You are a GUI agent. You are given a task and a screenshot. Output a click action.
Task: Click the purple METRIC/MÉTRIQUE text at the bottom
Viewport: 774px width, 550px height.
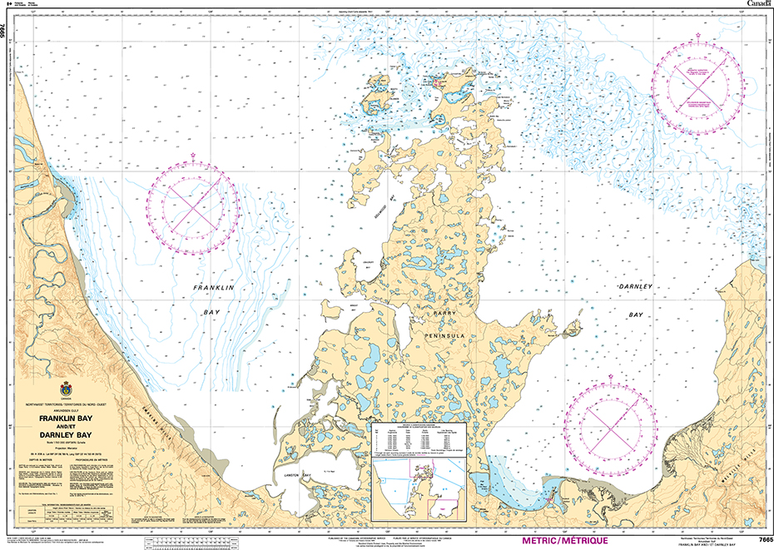click(x=564, y=540)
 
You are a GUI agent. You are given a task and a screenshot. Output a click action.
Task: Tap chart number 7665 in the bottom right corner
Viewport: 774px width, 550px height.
click(x=759, y=540)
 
